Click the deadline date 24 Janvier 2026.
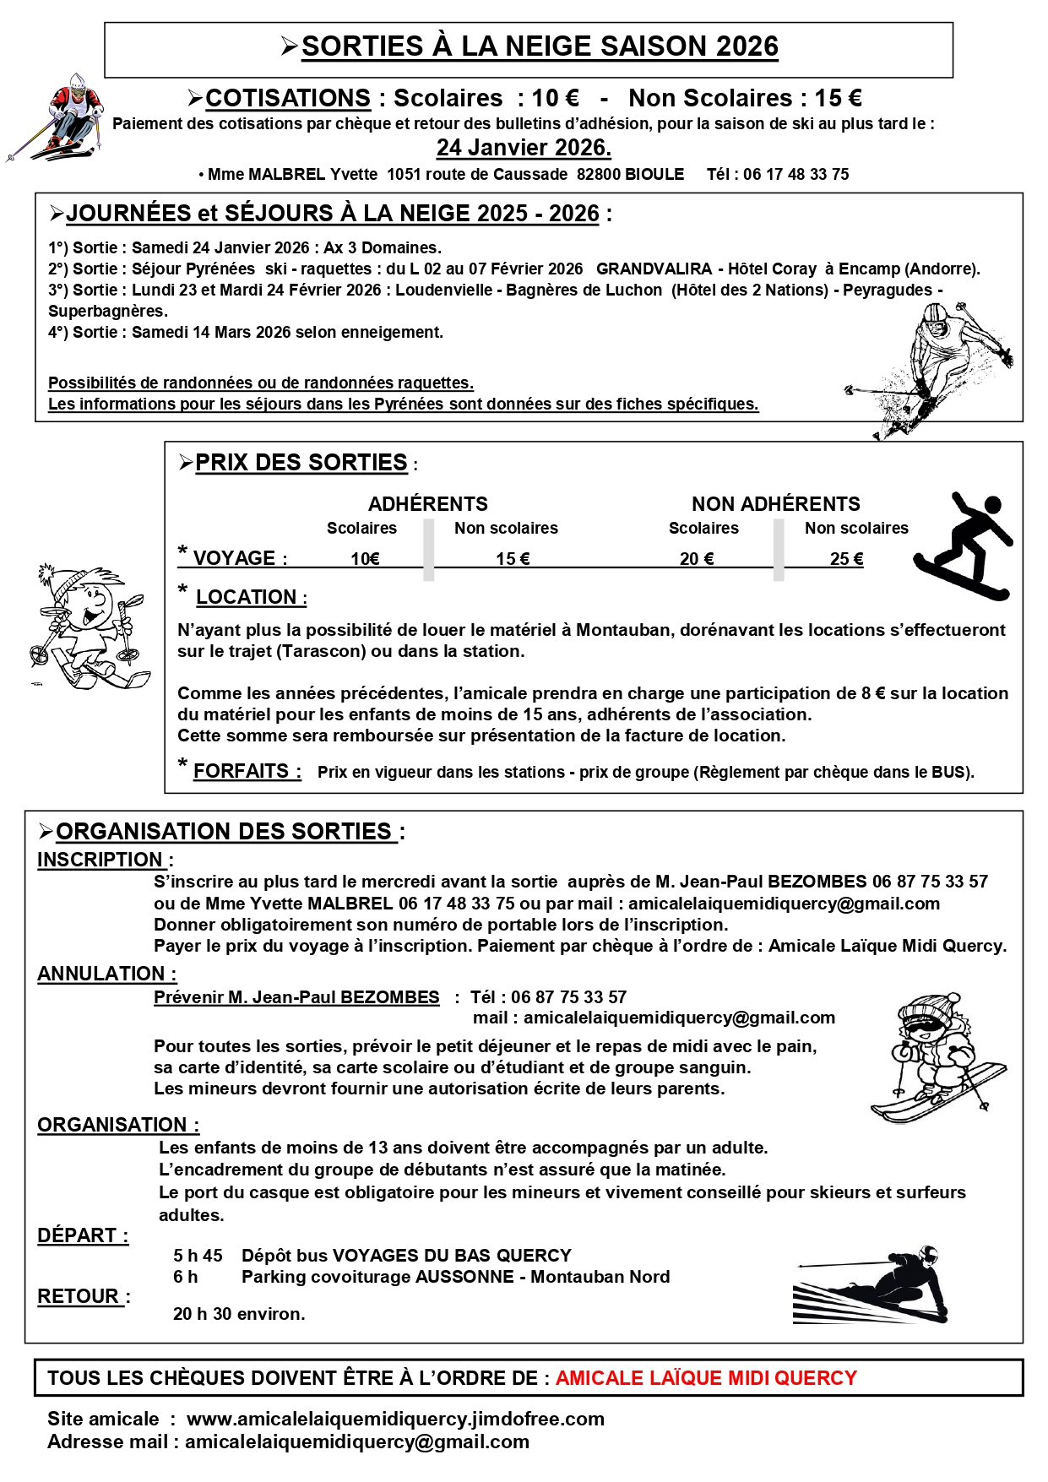click(x=524, y=148)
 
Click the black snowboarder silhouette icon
click(x=964, y=546)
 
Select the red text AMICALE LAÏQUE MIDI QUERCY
click(x=706, y=1378)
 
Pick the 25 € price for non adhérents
click(x=846, y=559)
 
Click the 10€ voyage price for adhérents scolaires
click(x=365, y=559)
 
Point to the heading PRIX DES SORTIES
click(x=301, y=463)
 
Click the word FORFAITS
click(x=242, y=771)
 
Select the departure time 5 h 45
click(x=198, y=1256)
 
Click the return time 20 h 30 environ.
click(x=239, y=1314)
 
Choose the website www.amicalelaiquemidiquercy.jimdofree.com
click(x=395, y=1419)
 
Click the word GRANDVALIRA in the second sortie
click(x=654, y=269)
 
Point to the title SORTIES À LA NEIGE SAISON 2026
click(x=540, y=46)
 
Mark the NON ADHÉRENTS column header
click(x=775, y=504)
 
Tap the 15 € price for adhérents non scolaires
click(x=513, y=559)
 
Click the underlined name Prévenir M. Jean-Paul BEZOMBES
click(x=296, y=997)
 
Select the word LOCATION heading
click(x=246, y=597)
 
